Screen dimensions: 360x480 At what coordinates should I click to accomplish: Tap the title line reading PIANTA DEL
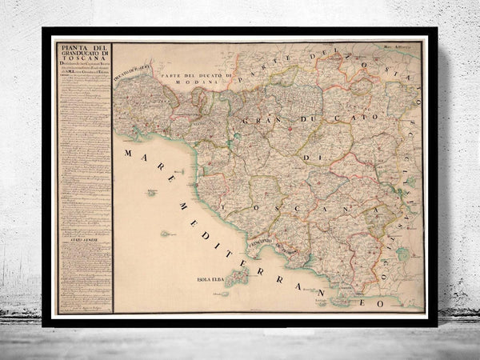(x=82, y=48)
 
